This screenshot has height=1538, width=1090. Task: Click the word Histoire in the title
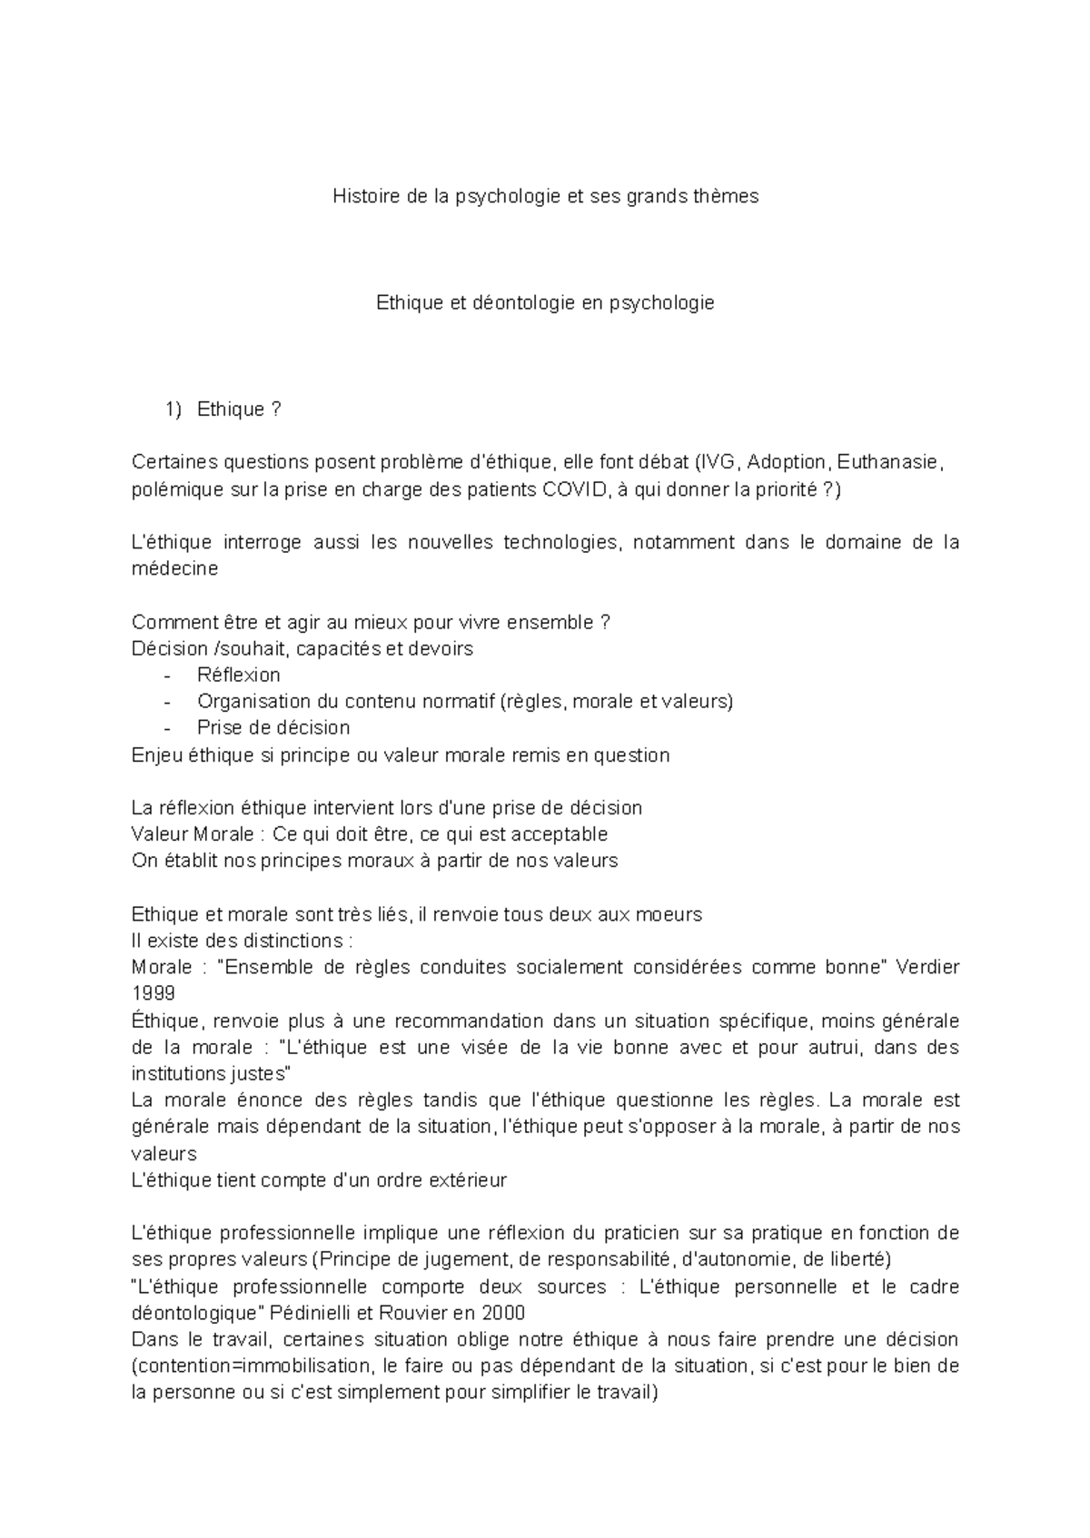(365, 196)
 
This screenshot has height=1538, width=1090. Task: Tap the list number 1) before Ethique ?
(173, 409)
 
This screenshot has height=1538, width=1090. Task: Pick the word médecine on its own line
(174, 569)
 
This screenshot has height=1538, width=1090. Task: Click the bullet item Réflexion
(238, 675)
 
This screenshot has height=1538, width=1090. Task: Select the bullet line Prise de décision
(272, 728)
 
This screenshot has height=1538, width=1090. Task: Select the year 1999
(153, 993)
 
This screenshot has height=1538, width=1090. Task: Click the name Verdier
(927, 967)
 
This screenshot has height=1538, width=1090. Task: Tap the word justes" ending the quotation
(262, 1074)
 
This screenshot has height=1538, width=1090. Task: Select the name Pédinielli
(313, 1314)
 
